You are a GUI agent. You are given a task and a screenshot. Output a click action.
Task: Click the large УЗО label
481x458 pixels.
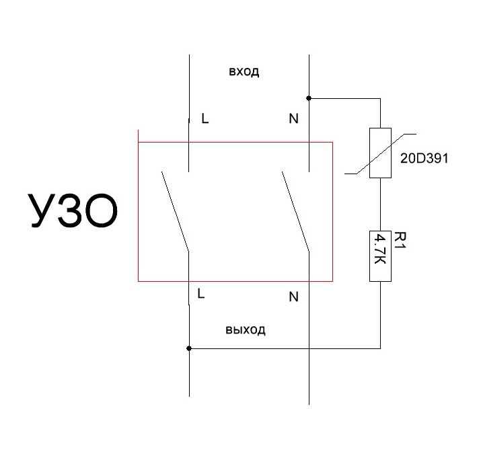coord(73,211)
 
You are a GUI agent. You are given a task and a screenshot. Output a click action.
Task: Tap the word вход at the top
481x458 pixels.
coord(244,72)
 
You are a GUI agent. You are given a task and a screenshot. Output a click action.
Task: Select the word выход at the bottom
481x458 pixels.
coord(246,330)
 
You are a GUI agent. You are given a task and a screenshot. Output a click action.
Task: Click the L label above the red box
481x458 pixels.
coord(205,118)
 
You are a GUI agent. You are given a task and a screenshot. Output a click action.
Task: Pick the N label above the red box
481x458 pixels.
coord(293,118)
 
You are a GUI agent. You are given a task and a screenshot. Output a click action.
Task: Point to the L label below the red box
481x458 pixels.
coord(201,294)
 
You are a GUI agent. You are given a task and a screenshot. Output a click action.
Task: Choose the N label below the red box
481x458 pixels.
coord(293,297)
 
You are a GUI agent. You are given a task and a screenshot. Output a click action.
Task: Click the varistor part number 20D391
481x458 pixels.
coord(424,158)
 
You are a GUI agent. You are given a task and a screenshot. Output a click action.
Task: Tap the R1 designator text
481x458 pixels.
coord(400,241)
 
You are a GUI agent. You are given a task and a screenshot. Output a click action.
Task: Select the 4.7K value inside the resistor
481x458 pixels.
coord(381,249)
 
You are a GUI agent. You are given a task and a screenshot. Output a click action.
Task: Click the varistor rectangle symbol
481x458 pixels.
coord(380,153)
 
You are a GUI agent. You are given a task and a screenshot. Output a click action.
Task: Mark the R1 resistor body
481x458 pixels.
coord(380,256)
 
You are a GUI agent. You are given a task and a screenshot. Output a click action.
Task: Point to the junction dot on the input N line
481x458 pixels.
coord(309,98)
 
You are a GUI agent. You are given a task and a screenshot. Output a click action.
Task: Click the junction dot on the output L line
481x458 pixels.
coord(189,348)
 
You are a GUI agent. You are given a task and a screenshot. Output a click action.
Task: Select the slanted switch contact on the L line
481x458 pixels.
coord(175,212)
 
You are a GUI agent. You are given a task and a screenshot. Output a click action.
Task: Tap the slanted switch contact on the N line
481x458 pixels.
coord(295,212)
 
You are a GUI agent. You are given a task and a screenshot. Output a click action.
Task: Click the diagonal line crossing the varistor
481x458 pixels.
coord(380,154)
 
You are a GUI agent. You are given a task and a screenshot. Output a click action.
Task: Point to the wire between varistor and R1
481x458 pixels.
coord(380,204)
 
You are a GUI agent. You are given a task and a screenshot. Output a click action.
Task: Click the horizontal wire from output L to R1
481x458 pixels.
coord(285,348)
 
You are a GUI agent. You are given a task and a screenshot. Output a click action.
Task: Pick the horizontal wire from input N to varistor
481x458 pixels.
coord(345,98)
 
